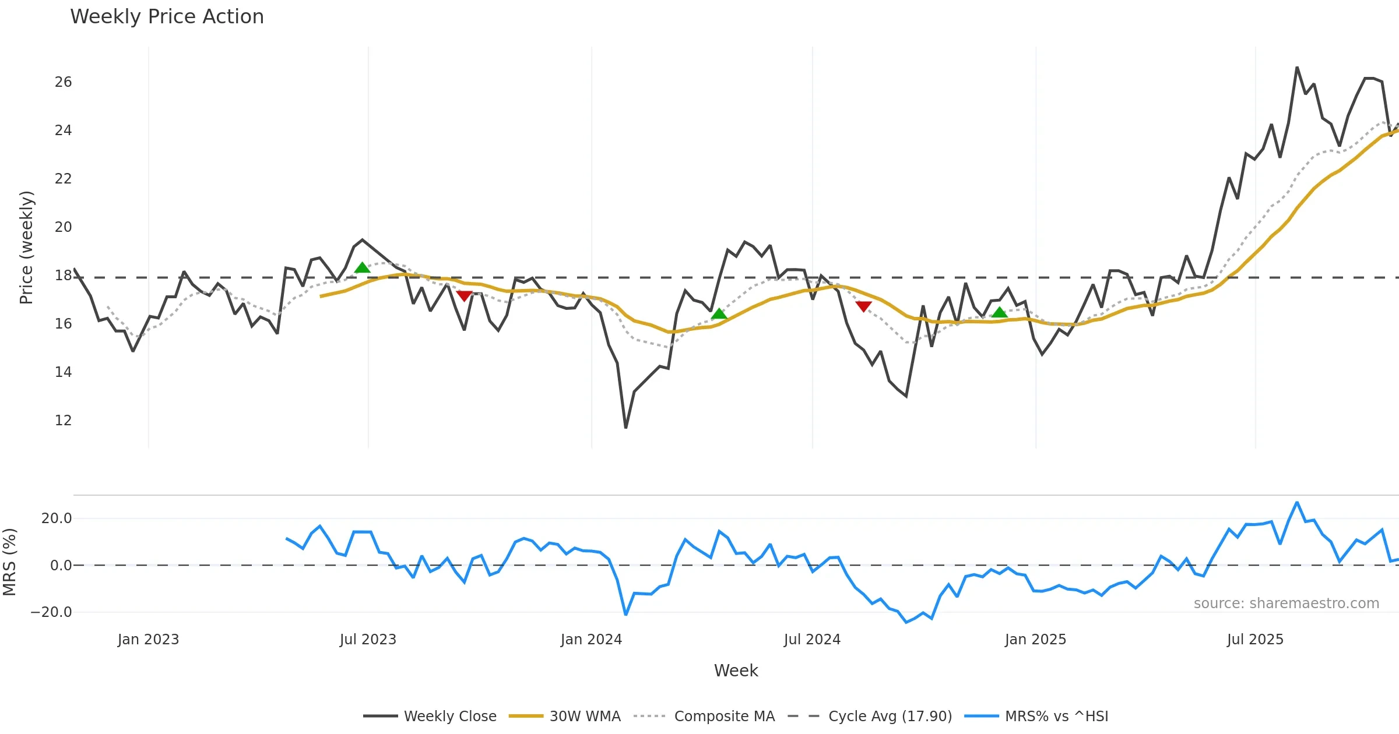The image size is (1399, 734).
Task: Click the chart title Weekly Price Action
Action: click(167, 17)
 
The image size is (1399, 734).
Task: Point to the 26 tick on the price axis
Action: click(63, 82)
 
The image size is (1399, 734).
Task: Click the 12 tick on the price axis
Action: click(63, 421)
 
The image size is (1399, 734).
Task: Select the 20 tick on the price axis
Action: click(63, 227)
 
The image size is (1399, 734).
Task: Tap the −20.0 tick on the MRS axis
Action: click(51, 612)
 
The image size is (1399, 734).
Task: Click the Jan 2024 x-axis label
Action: click(591, 640)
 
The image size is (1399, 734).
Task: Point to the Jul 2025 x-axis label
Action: click(1255, 640)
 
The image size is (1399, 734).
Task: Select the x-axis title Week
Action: click(736, 671)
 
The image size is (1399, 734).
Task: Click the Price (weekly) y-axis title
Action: click(27, 248)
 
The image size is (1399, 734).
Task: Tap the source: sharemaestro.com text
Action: click(1286, 604)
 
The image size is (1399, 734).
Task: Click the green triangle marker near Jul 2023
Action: click(363, 268)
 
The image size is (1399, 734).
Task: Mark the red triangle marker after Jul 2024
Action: click(863, 306)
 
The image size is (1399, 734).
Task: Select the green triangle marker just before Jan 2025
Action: click(1000, 313)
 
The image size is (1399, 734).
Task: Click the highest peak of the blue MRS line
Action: click(1297, 502)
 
